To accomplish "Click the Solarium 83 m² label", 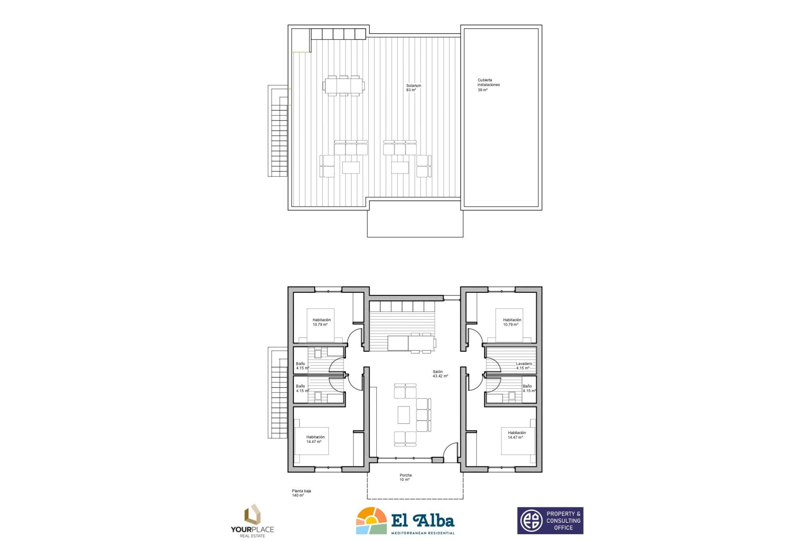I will pyautogui.click(x=413, y=88).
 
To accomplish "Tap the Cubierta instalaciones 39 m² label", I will pyautogui.click(x=488, y=85).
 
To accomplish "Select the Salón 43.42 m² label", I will pyautogui.click(x=440, y=374).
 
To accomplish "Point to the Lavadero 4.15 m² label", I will pyautogui.click(x=524, y=366).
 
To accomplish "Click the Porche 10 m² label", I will pyautogui.click(x=405, y=478).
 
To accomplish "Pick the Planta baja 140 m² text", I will pyautogui.click(x=301, y=493).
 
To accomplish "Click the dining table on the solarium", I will pyautogui.click(x=343, y=86).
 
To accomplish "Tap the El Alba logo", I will pyautogui.click(x=405, y=521).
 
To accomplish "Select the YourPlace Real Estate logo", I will pyautogui.click(x=253, y=521).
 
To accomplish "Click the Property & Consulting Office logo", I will pyautogui.click(x=550, y=521).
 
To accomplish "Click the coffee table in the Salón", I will pyautogui.click(x=403, y=415).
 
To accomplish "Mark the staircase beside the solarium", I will pyautogui.click(x=278, y=131).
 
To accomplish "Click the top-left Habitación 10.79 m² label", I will pyautogui.click(x=321, y=322).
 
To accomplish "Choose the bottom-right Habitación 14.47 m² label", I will pyautogui.click(x=517, y=435).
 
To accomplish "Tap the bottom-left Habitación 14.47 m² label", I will pyautogui.click(x=315, y=440).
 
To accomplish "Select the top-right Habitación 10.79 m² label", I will pyautogui.click(x=512, y=322).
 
